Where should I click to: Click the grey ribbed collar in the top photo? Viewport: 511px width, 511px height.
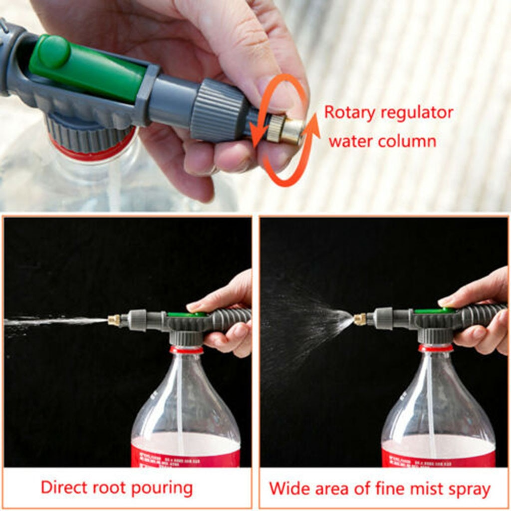(x=219, y=110)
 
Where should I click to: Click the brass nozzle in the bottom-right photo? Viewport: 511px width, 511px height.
(x=360, y=319)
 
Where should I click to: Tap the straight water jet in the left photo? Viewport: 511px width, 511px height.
(x=55, y=321)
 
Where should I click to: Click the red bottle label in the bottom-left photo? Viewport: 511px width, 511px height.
(x=185, y=455)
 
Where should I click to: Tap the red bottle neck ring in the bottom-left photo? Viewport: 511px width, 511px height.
(x=186, y=350)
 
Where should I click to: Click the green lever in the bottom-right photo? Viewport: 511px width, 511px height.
(x=434, y=311)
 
